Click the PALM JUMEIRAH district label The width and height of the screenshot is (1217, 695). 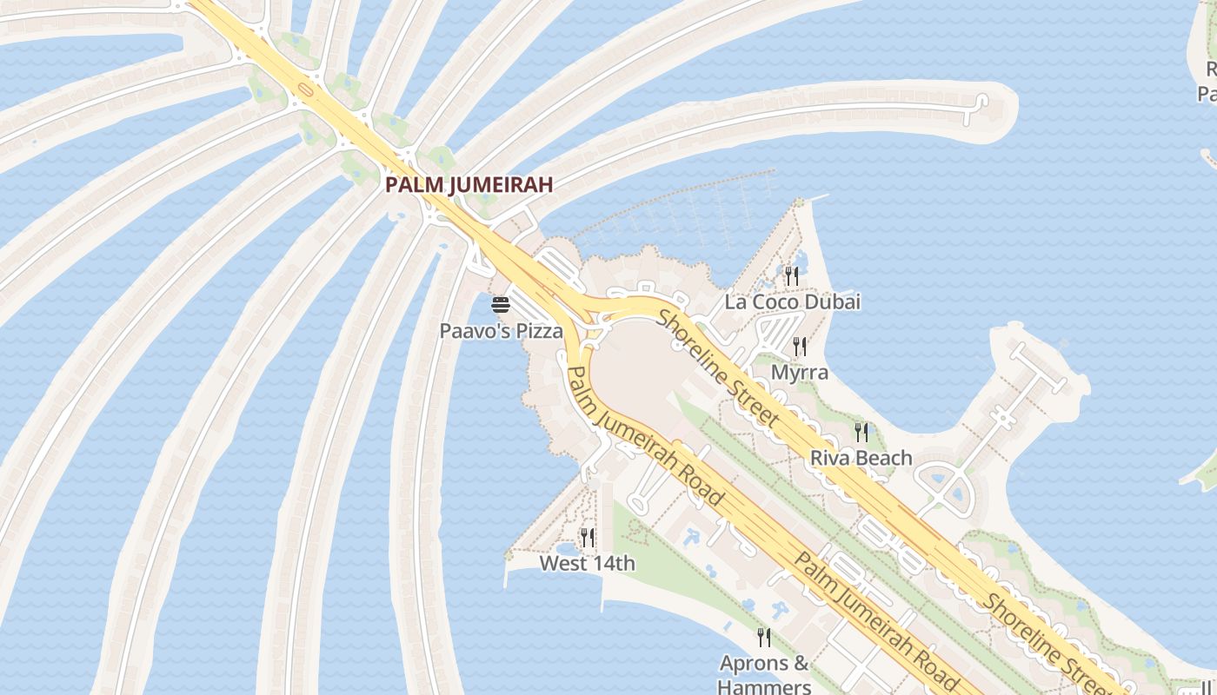point(469,185)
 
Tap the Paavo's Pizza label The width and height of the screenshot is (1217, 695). point(501,331)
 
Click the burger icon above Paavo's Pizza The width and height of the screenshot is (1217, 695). point(501,305)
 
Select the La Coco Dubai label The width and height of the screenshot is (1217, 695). point(793,302)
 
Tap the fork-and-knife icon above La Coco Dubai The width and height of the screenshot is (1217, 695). point(792,276)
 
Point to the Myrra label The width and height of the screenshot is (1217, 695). point(800,373)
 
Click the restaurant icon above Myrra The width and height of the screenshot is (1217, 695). point(800,347)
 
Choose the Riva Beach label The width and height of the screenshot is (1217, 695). point(861,458)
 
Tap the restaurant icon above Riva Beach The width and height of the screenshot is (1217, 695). point(861,432)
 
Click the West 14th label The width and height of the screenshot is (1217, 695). point(588,564)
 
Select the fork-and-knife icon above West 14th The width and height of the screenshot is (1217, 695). point(588,538)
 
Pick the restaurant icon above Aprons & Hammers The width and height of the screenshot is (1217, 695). point(764,638)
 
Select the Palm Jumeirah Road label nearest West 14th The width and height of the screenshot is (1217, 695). point(644,435)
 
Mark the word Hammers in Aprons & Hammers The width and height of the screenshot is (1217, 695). point(764,686)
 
